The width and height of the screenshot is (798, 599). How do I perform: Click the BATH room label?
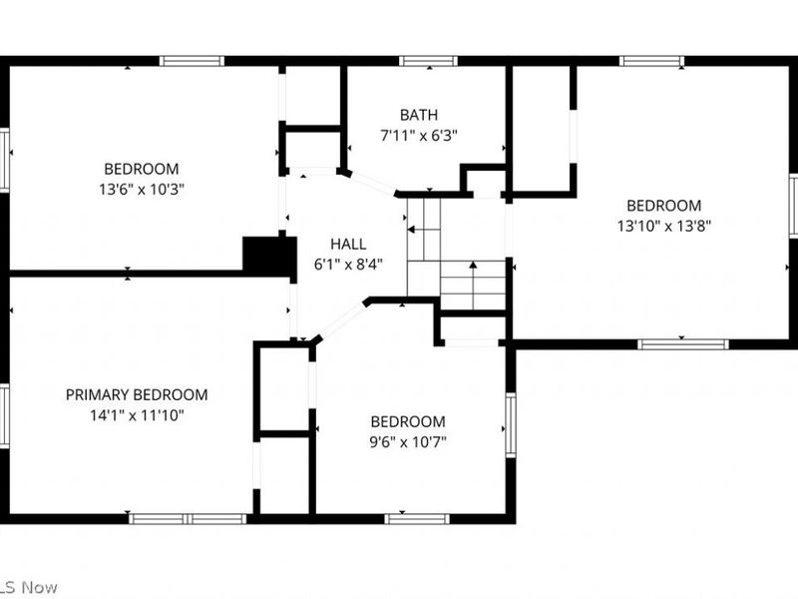pos(418,115)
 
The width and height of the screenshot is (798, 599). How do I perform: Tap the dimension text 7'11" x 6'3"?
pos(418,134)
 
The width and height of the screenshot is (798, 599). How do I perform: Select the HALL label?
pos(348,244)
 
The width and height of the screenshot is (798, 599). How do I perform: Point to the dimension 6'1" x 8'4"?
pos(348,264)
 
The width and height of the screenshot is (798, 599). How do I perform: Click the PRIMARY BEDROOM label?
pos(137,394)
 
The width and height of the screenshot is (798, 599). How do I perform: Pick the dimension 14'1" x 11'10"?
pos(137,414)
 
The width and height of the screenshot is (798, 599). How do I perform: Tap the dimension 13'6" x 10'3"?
pos(141,188)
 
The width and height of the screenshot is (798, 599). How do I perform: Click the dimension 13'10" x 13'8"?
pos(663,225)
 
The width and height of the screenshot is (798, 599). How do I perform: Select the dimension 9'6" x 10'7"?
pos(407,440)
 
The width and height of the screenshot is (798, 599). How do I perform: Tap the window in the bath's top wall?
pos(429,61)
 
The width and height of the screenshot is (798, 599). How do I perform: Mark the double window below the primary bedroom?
pos(189,518)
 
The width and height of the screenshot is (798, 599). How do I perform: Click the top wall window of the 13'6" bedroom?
pos(192,61)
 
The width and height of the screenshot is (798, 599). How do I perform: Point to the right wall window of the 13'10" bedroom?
pos(793,205)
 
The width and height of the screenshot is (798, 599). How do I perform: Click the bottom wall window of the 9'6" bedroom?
pos(417,518)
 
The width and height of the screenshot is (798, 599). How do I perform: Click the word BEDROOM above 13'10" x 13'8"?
pos(663,206)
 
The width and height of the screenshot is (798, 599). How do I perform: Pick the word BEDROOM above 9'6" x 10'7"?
pos(407,421)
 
